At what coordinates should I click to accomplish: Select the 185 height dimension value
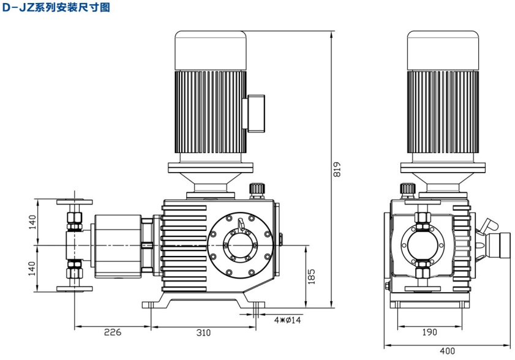[x=312, y=275]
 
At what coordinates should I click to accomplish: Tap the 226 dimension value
[x=112, y=332]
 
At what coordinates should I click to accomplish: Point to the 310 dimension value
[x=203, y=332]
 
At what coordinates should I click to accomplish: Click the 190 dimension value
[x=429, y=332]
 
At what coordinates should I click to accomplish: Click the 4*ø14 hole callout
[x=287, y=320]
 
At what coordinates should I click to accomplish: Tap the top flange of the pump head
[x=73, y=201]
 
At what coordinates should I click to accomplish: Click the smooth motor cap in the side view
[x=443, y=50]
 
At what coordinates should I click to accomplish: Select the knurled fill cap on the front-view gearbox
[x=256, y=187]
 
